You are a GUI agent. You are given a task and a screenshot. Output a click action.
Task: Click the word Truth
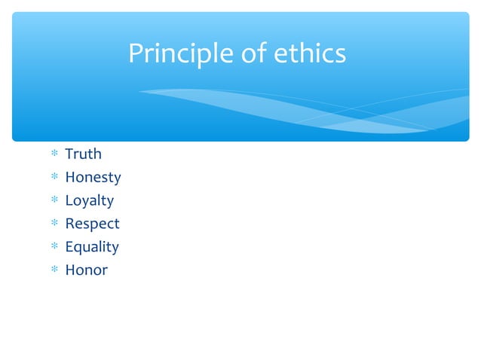click(x=83, y=154)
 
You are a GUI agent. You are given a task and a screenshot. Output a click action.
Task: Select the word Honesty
click(x=93, y=178)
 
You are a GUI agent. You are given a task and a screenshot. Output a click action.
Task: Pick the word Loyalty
click(x=89, y=201)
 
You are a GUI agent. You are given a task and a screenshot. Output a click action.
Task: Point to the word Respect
click(x=92, y=224)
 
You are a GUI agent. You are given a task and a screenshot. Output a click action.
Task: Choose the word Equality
click(x=91, y=247)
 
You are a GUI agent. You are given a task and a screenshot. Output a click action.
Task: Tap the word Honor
click(x=86, y=270)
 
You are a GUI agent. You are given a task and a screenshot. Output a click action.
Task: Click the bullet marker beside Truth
click(x=54, y=155)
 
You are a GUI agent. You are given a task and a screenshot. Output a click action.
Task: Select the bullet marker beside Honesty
click(x=54, y=178)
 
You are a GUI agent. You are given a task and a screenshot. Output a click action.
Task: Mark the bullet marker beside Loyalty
click(x=54, y=201)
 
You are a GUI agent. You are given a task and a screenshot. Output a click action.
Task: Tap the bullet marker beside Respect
click(x=54, y=224)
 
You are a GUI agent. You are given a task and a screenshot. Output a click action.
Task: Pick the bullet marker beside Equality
click(x=54, y=247)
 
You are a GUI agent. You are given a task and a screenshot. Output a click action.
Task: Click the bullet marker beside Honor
click(x=54, y=270)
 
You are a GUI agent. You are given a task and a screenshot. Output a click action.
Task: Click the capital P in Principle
click(x=135, y=54)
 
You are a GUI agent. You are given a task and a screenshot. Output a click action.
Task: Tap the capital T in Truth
click(x=69, y=154)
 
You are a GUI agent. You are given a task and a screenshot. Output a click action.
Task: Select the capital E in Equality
click(x=69, y=246)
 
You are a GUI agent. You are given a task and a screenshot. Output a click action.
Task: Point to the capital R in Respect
click(x=69, y=224)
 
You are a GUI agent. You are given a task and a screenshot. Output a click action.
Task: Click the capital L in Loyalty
click(x=69, y=200)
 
